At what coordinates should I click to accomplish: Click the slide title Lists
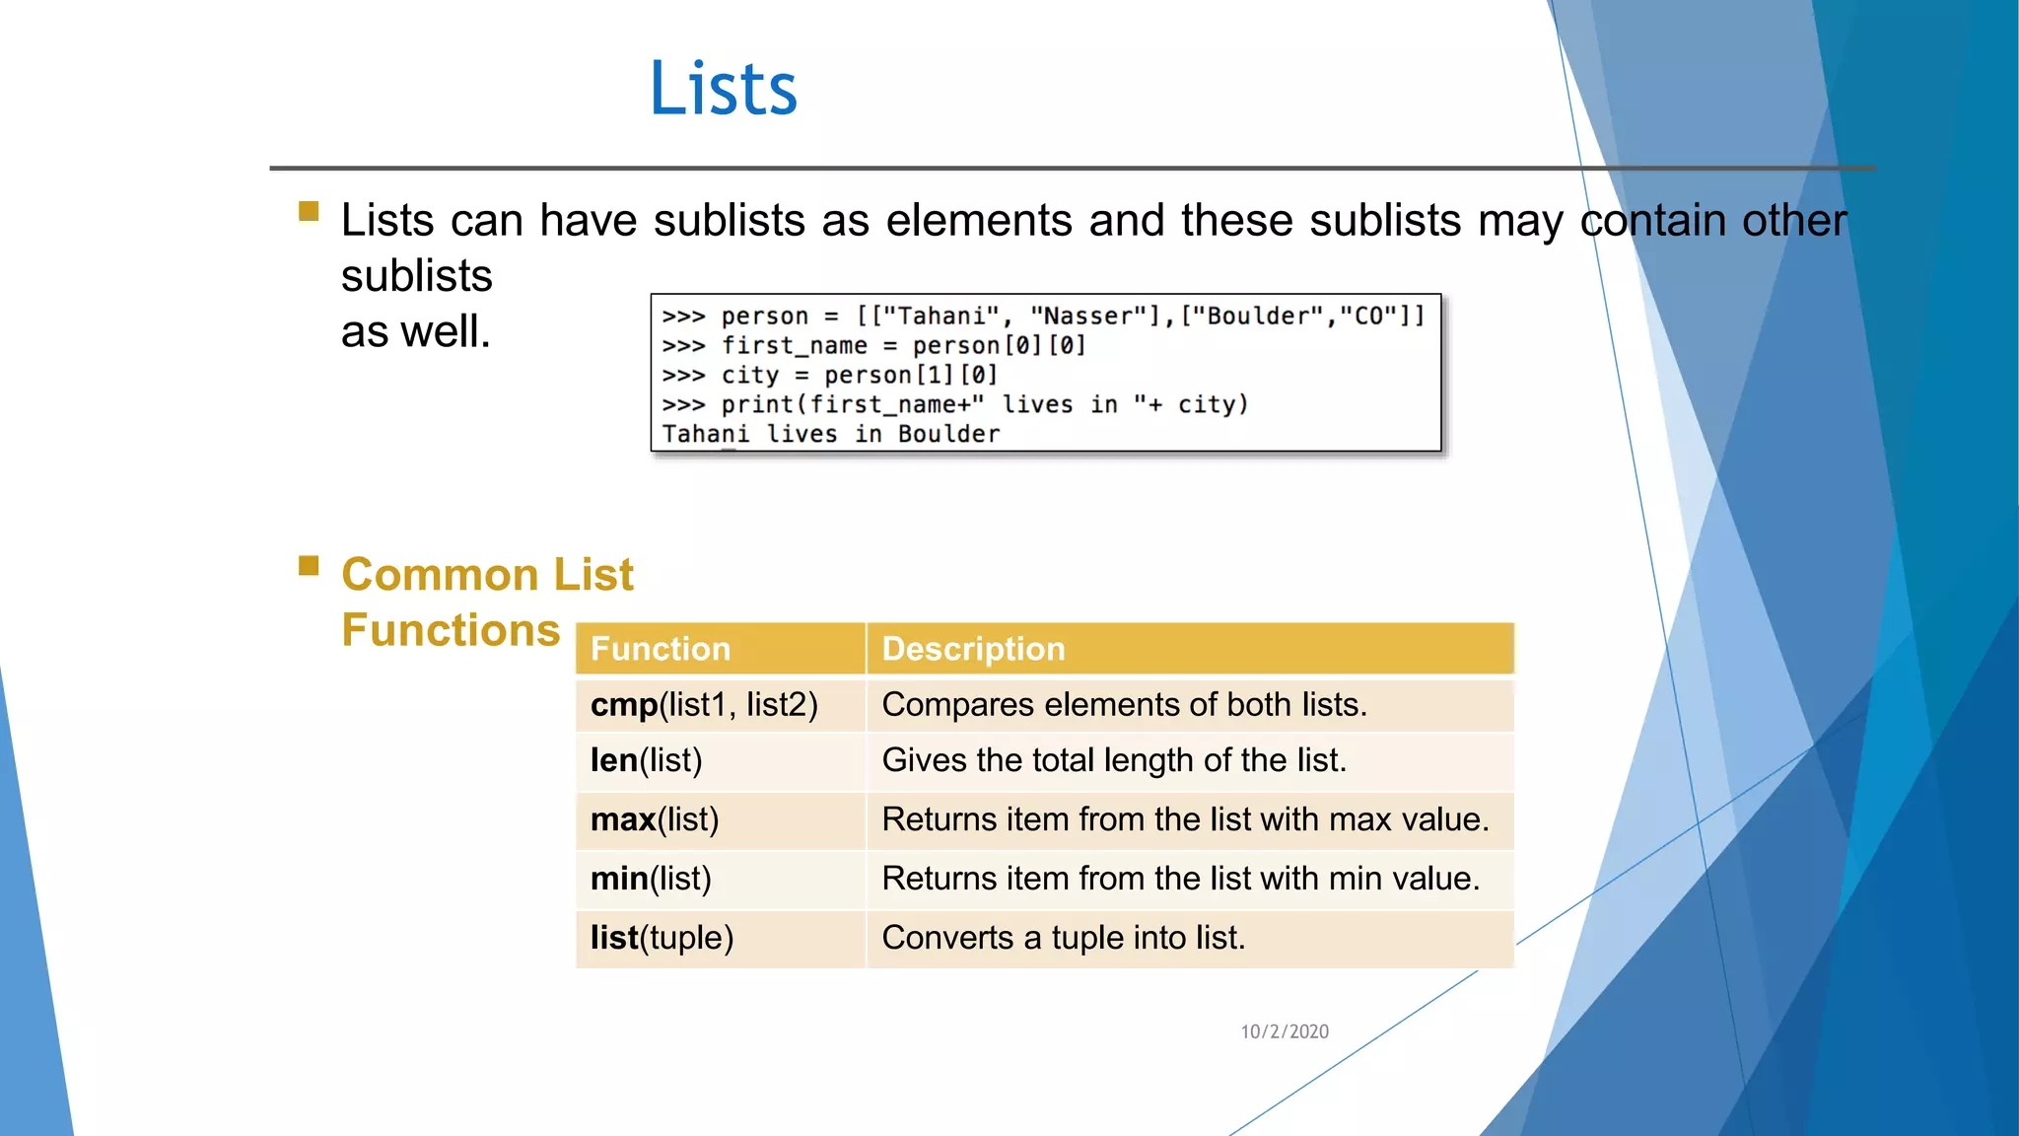(x=723, y=89)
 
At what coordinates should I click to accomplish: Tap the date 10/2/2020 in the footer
(x=1284, y=1031)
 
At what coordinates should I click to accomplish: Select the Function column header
(x=661, y=649)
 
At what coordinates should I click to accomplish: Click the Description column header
(x=973, y=649)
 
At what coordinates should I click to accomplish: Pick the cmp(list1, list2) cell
(x=704, y=705)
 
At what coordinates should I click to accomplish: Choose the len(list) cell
(x=646, y=760)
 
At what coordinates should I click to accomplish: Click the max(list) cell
(x=655, y=819)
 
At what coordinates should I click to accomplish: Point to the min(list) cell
(x=651, y=879)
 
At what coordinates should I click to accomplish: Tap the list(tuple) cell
(x=661, y=938)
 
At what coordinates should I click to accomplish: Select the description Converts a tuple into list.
(x=1063, y=938)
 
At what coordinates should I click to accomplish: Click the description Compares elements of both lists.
(x=1124, y=705)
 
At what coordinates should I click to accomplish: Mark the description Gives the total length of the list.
(x=1113, y=760)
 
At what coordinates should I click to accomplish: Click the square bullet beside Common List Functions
(x=309, y=565)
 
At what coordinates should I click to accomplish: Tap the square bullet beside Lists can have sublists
(x=309, y=211)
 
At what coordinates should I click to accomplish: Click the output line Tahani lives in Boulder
(x=830, y=434)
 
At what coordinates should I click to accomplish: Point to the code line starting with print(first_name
(x=983, y=404)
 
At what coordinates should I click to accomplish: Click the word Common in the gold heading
(x=440, y=575)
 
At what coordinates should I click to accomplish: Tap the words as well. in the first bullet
(x=415, y=331)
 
